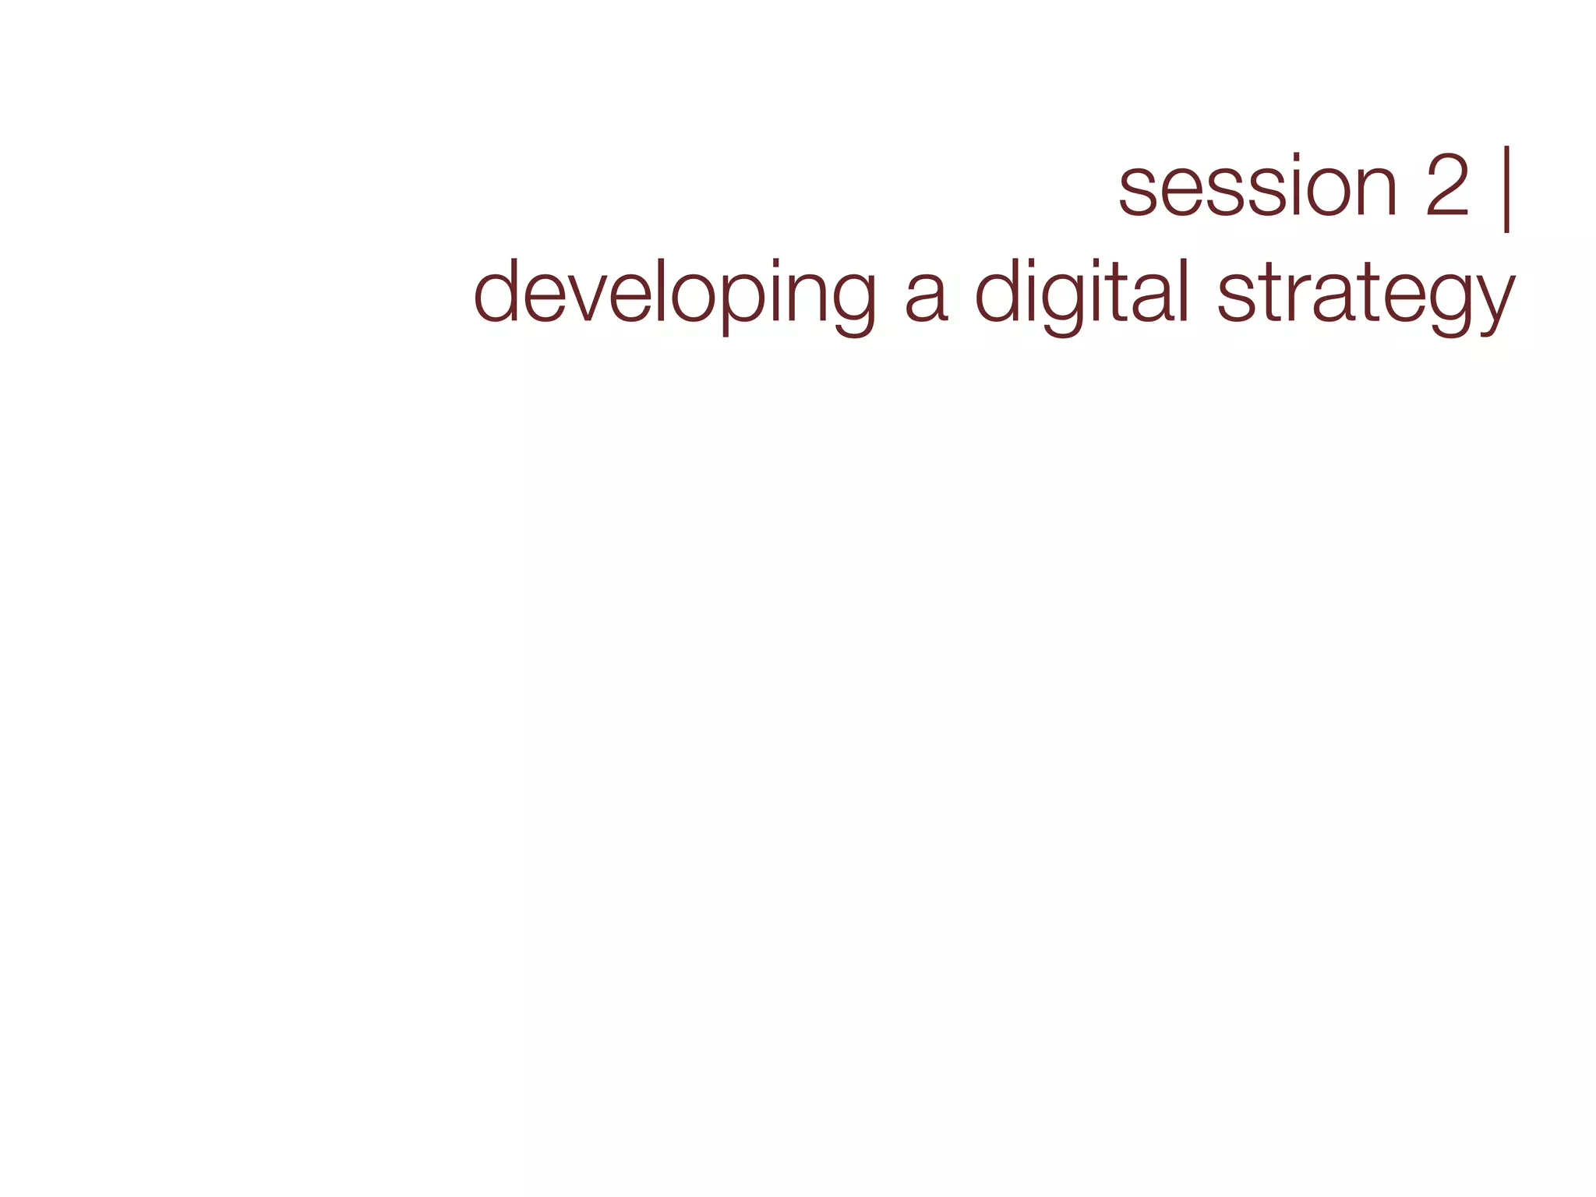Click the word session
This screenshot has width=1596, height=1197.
[x=1258, y=188]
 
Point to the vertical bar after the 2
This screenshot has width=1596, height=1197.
[x=1507, y=189]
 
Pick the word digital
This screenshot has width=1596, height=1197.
[x=1083, y=293]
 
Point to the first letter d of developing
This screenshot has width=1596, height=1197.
[x=495, y=290]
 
